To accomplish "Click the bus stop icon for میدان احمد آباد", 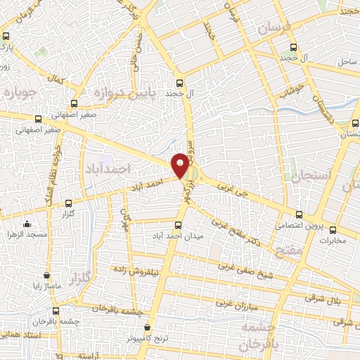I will tap(176, 226).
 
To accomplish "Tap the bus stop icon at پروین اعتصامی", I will tap(300, 214).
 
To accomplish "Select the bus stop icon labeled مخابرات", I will tap(333, 230).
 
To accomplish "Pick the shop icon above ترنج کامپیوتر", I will tap(146, 327).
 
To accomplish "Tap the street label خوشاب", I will tap(290, 91).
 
